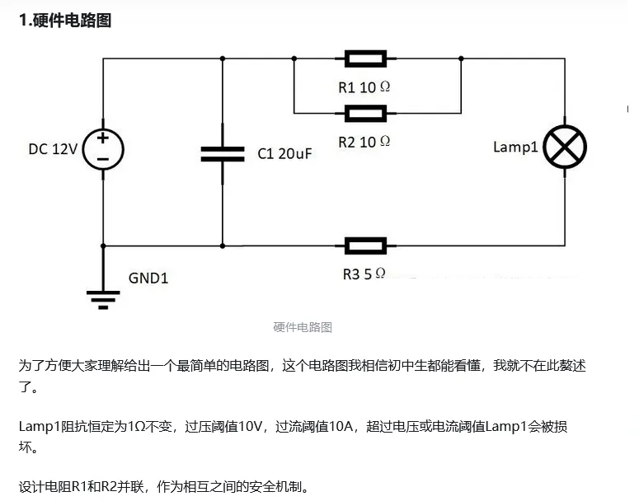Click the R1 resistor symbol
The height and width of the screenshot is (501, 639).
tap(364, 59)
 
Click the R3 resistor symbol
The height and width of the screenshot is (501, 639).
tap(364, 246)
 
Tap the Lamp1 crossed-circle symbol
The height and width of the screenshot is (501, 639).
tap(565, 147)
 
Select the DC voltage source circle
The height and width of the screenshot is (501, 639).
tap(103, 149)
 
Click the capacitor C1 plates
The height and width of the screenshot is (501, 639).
tap(223, 153)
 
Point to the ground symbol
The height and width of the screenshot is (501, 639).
tap(103, 297)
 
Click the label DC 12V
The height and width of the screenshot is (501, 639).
tap(53, 149)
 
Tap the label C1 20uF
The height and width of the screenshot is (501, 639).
tap(284, 153)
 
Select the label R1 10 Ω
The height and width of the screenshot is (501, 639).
tap(364, 87)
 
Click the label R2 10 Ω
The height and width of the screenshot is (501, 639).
tap(364, 141)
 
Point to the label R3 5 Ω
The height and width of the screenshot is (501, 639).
tap(364, 274)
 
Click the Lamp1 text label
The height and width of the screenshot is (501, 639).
tap(515, 147)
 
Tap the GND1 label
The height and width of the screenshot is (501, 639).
tap(148, 279)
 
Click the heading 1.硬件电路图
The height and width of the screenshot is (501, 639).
tap(65, 21)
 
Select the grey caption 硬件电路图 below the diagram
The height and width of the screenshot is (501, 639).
tap(303, 327)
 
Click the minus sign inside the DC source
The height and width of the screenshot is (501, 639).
tap(103, 159)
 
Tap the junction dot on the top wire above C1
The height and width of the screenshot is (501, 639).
tap(223, 59)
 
